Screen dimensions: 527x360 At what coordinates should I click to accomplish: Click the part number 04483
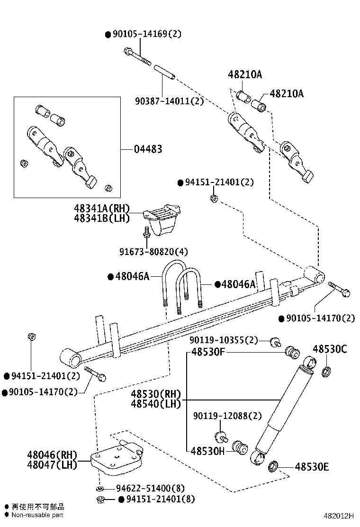tap(148, 149)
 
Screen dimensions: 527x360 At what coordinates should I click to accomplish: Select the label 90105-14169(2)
tap(146, 34)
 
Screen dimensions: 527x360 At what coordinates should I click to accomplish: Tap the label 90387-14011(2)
tap(169, 100)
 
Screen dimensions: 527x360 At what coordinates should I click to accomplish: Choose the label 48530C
tap(330, 350)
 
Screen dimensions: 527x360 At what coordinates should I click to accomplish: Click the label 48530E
tap(312, 467)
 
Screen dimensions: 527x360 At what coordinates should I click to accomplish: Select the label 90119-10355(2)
tap(224, 340)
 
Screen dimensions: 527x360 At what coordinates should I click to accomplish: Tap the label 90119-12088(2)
tap(227, 416)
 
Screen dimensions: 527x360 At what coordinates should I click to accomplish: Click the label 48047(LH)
tap(52, 465)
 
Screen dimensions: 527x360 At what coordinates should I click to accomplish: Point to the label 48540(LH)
tap(156, 404)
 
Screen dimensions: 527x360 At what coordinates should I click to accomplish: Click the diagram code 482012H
tap(339, 516)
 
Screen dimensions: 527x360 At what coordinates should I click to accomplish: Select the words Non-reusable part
tap(37, 515)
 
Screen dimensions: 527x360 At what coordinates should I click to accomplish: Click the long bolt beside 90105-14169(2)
tap(137, 56)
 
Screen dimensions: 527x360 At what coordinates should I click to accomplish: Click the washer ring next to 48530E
tap(274, 467)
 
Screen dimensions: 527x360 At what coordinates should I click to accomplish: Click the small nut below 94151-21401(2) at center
tap(214, 198)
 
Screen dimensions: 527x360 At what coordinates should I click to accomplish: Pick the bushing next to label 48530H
tap(240, 447)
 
